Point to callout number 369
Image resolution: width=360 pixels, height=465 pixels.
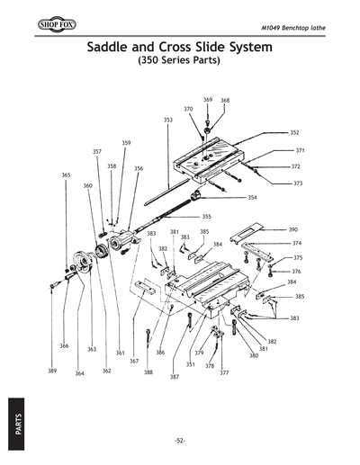coord(208,100)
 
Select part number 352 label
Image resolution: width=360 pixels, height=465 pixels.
coord(294,132)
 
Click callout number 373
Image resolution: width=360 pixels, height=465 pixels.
coord(298,183)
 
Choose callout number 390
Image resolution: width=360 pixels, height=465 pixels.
coord(293,230)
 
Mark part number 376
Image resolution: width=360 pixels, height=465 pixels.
coord(297,271)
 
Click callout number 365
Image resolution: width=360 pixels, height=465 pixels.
coord(66,174)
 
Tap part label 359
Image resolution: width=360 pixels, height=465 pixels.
coord(126,143)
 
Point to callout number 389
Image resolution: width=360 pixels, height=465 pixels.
coord(52,371)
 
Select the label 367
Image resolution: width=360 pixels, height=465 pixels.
coord(133,361)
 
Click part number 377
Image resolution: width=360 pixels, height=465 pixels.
coord(224,372)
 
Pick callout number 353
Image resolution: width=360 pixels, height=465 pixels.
coord(167,120)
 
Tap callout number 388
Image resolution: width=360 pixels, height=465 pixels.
coord(148,371)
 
